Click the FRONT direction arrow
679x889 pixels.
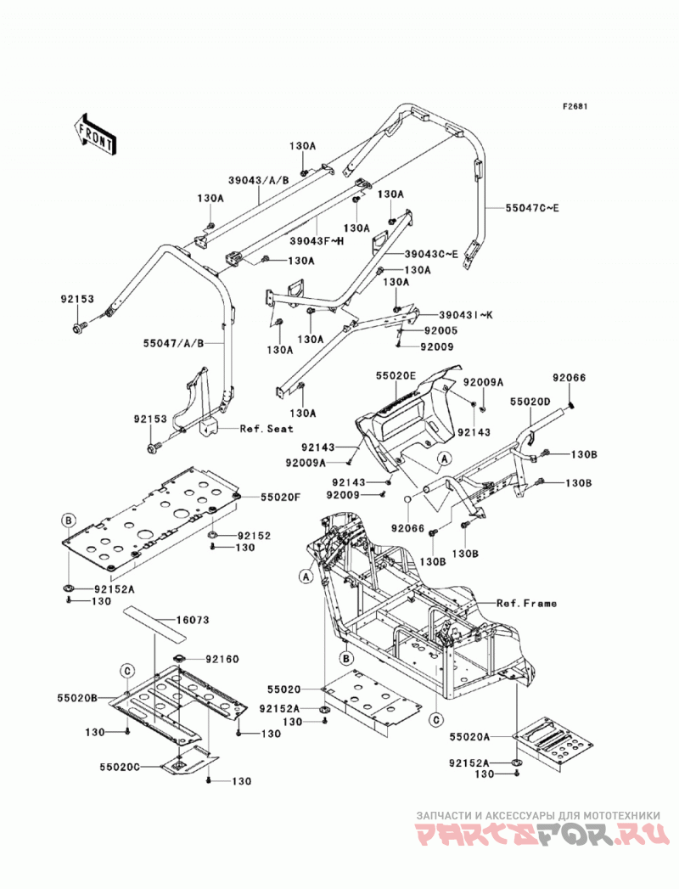(x=95, y=135)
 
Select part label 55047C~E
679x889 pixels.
(x=532, y=208)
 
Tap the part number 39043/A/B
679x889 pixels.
(x=259, y=180)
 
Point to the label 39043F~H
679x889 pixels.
(x=317, y=239)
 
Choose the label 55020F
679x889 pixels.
(x=281, y=497)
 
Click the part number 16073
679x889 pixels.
(x=192, y=620)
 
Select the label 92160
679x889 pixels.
(x=222, y=659)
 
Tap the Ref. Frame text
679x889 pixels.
(x=526, y=603)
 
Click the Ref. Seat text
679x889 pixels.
(x=267, y=429)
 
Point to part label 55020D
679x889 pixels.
(x=530, y=402)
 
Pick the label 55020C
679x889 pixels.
(x=120, y=767)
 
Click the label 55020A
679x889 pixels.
(x=469, y=736)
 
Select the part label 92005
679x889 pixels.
(x=441, y=330)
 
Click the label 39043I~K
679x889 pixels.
(x=465, y=315)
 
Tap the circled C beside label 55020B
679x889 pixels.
(x=127, y=672)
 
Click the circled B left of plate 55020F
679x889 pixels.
(x=68, y=520)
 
